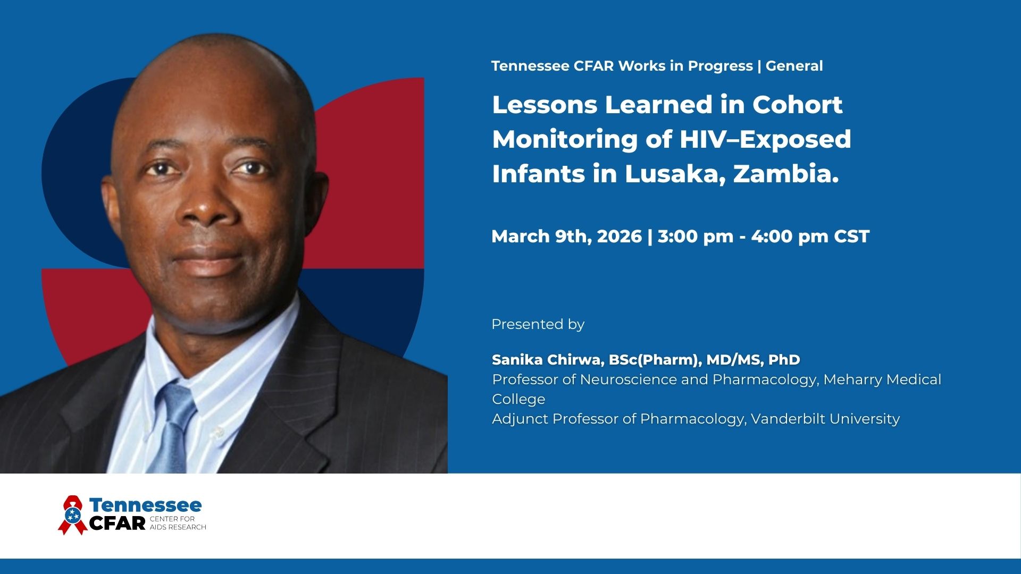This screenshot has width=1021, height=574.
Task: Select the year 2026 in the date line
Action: tap(620, 236)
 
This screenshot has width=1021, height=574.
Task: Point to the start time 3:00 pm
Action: tap(696, 237)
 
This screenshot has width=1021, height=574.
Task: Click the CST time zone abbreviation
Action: tap(851, 236)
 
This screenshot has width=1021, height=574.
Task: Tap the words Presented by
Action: tap(538, 325)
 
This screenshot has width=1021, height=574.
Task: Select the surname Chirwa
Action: tap(575, 360)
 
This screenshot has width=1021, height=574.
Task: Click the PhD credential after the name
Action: tap(784, 360)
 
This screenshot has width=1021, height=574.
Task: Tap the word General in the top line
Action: tap(794, 66)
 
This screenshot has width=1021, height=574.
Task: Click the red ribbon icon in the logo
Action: tap(73, 514)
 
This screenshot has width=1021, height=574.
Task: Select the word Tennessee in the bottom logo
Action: tap(145, 505)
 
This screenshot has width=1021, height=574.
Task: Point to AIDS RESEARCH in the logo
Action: tap(178, 527)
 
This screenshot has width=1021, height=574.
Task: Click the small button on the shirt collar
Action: tap(217, 433)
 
